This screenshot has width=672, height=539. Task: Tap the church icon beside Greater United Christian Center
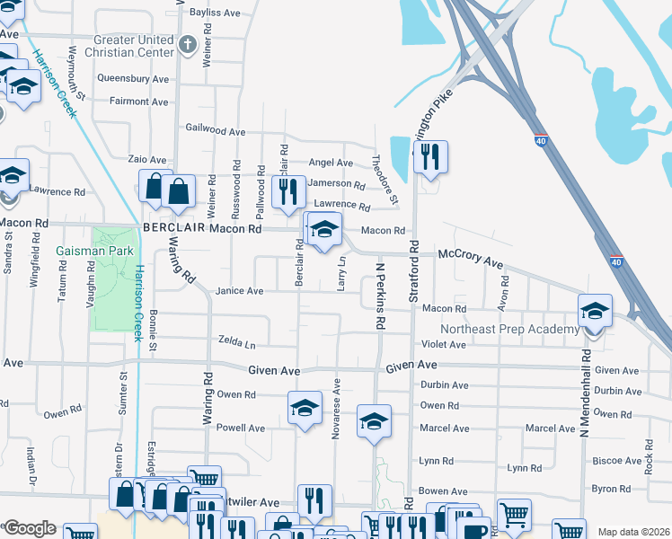click(187, 42)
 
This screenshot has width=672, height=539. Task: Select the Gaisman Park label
click(88, 250)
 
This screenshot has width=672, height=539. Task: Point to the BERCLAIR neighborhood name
click(181, 229)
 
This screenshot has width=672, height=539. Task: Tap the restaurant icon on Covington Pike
click(430, 157)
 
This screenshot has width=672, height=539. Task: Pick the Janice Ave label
click(240, 291)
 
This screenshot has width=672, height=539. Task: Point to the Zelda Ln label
click(237, 343)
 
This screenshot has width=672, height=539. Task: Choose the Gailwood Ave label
click(215, 131)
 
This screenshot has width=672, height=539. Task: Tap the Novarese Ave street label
click(338, 402)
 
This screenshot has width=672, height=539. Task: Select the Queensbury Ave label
click(133, 79)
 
